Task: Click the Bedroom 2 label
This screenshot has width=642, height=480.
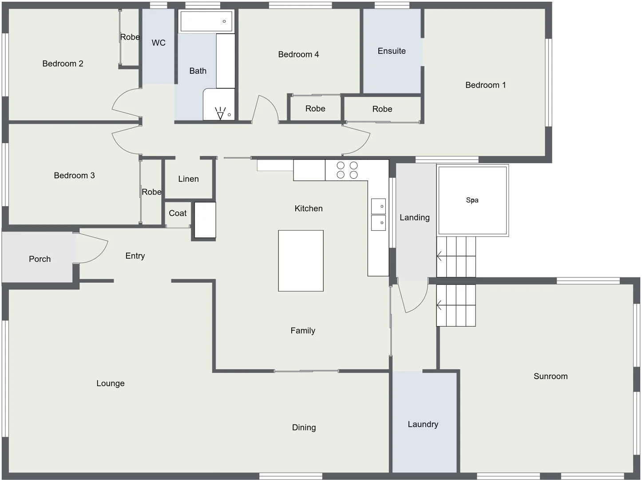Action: [63, 64]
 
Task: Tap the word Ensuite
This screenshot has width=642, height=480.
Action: [392, 51]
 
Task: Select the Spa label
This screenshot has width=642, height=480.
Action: [472, 200]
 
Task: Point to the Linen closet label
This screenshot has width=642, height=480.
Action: [188, 179]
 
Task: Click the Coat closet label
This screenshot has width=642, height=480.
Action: [178, 213]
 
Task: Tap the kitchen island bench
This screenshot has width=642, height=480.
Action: [301, 260]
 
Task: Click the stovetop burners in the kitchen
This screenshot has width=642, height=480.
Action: [347, 170]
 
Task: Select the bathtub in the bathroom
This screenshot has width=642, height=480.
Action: [206, 21]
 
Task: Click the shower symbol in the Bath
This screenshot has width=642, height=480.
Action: [220, 113]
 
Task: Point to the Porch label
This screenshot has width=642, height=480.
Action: [40, 259]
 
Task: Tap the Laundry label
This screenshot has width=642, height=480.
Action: [423, 424]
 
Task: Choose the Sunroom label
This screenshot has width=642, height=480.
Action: [550, 376]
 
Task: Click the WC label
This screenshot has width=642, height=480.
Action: [159, 43]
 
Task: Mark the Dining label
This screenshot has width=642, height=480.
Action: [304, 428]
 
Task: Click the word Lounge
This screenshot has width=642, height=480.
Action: [110, 384]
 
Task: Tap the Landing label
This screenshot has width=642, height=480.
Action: [414, 218]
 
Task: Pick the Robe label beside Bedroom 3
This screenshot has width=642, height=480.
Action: [151, 192]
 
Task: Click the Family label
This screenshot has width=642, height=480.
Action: [303, 331]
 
